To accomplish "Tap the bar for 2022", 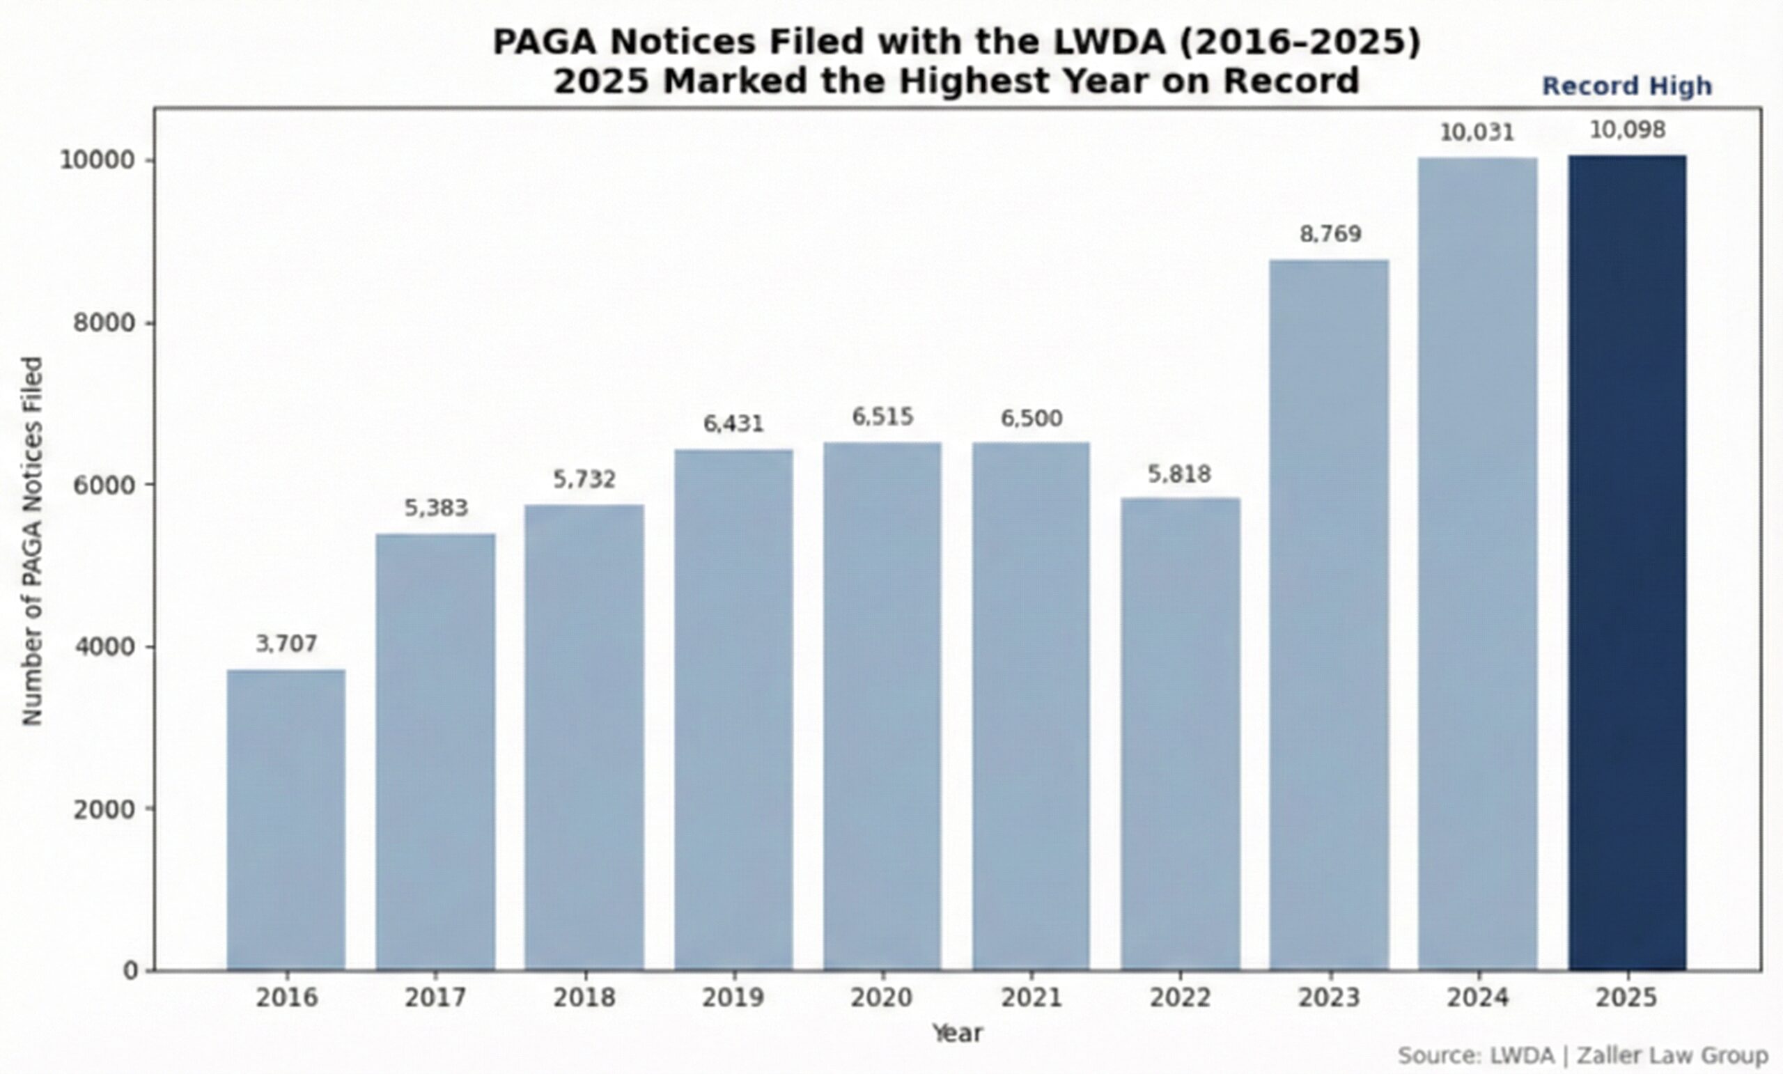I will click(1181, 734).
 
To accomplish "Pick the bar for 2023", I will click(1330, 614).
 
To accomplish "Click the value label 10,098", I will click(1628, 130).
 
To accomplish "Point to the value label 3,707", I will click(286, 644).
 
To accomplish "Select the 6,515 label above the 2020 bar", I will click(882, 417).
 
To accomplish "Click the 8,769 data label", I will click(1330, 234).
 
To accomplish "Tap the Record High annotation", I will click(1627, 86).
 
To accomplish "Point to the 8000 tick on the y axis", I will click(105, 322).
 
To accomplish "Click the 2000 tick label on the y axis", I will click(105, 809).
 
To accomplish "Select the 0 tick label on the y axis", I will click(130, 970).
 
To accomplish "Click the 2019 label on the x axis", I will click(733, 997).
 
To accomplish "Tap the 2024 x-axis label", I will click(1478, 997).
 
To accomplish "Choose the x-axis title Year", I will click(957, 1033).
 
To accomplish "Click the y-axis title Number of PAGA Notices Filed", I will click(33, 540).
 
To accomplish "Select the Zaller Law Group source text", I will click(1672, 1055).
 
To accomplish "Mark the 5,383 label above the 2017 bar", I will click(435, 508).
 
